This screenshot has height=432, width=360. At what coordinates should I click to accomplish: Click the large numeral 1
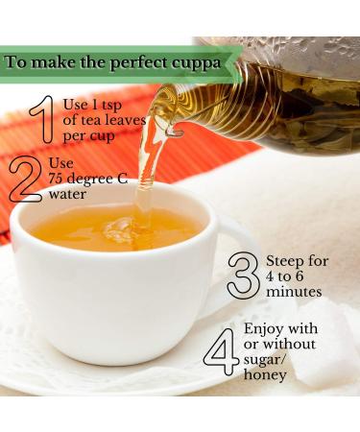tap(39, 120)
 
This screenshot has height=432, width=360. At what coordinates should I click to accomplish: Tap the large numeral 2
tap(23, 179)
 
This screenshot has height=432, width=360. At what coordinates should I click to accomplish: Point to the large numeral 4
tap(219, 353)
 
